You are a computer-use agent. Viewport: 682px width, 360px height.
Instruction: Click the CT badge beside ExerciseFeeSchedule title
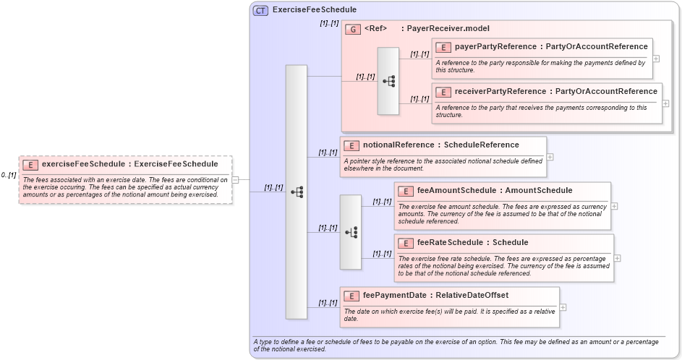point(260,10)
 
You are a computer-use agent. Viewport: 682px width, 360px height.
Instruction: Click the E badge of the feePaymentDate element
point(351,296)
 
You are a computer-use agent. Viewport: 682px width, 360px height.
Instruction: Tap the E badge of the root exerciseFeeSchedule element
point(30,164)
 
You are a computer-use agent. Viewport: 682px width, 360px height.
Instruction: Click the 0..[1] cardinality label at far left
point(8,176)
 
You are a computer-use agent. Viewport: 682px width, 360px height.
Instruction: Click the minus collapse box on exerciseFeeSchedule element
point(235,180)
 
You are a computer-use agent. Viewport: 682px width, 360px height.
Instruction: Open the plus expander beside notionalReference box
point(550,157)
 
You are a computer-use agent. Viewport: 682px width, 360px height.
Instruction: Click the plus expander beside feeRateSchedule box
point(617,258)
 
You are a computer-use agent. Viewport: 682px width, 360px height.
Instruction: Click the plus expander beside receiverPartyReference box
point(665,103)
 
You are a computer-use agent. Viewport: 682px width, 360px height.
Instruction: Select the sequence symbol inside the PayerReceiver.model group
point(388,82)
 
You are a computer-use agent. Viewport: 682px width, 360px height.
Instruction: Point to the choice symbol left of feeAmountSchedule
point(351,233)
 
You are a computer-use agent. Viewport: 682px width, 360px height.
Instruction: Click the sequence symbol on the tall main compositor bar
point(297,192)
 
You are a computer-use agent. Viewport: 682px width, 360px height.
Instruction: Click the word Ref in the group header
point(375,29)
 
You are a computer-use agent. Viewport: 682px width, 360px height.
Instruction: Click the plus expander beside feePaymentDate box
point(563,307)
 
